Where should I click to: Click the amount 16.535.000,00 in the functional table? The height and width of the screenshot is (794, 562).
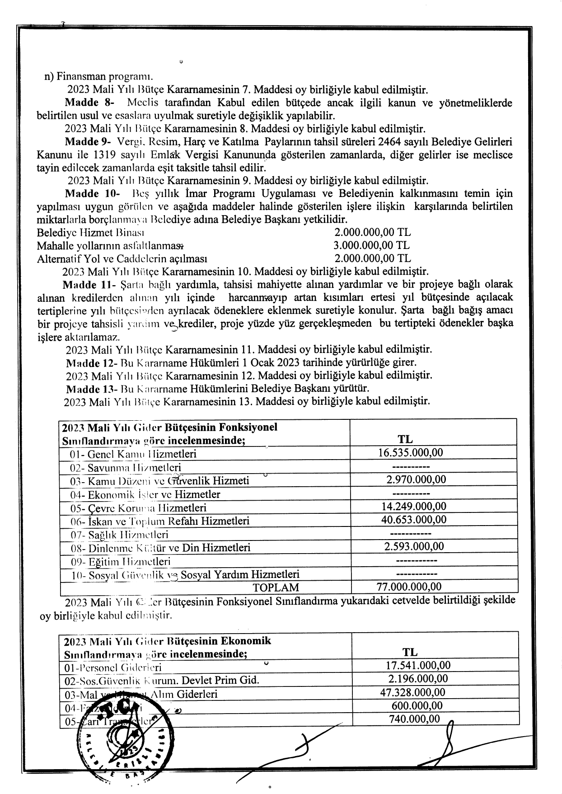click(x=411, y=453)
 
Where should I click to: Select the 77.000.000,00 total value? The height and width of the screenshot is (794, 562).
click(x=409, y=587)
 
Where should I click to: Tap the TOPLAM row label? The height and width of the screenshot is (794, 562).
click(x=276, y=587)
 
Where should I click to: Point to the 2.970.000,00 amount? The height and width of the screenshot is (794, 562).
click(x=416, y=479)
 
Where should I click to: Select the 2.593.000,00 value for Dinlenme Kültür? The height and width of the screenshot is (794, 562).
click(x=414, y=546)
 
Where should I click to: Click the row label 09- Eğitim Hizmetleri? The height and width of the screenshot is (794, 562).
click(x=121, y=562)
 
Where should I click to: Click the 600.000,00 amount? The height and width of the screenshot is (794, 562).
click(x=417, y=705)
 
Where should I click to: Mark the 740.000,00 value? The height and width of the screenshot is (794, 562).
click(x=414, y=719)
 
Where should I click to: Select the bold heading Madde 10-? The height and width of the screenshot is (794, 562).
click(x=93, y=194)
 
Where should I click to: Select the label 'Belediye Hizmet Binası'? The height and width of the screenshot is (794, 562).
click(x=90, y=233)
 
